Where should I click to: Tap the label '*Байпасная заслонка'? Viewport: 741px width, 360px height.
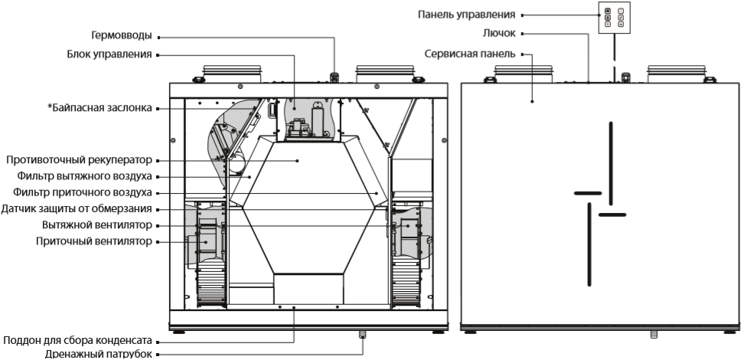[x=100, y=109]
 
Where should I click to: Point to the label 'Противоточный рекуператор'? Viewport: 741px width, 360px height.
[x=80, y=161]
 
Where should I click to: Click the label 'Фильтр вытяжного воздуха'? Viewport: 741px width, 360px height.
[x=85, y=177]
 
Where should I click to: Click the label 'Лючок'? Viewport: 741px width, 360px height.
[x=504, y=34]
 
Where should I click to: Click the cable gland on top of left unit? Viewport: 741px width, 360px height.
[x=334, y=77]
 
